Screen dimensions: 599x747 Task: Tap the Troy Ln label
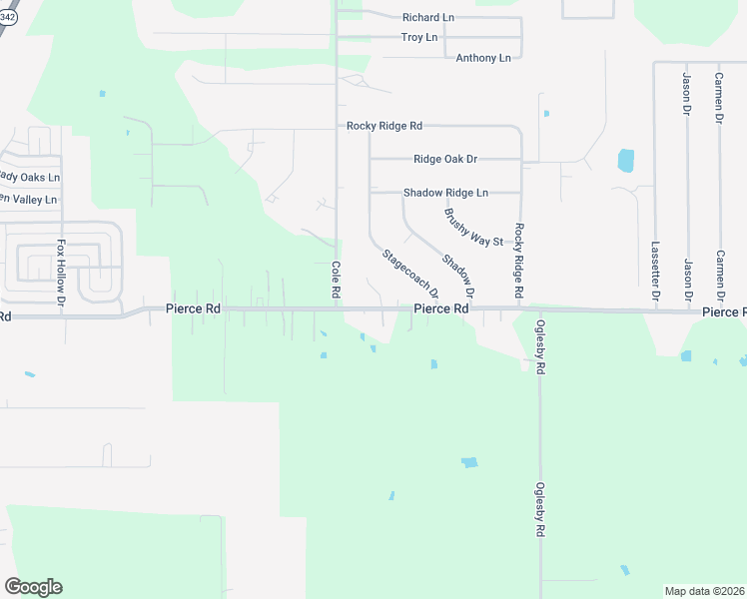click(x=419, y=38)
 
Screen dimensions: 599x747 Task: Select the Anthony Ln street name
click(x=483, y=58)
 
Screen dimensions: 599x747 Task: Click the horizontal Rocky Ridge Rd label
click(x=384, y=126)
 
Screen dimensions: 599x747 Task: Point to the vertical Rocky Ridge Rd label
click(x=519, y=262)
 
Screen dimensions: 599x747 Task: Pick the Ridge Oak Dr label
click(x=445, y=159)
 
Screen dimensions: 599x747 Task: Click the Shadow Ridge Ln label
click(x=445, y=193)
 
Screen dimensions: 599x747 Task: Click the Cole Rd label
click(x=337, y=281)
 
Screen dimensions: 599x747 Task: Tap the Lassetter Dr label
click(x=655, y=271)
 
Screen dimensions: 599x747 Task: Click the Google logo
click(x=33, y=587)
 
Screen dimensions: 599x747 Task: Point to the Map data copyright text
click(x=704, y=591)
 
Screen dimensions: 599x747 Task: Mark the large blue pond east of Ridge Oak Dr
click(x=626, y=160)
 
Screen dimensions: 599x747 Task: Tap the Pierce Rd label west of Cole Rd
click(x=193, y=309)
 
